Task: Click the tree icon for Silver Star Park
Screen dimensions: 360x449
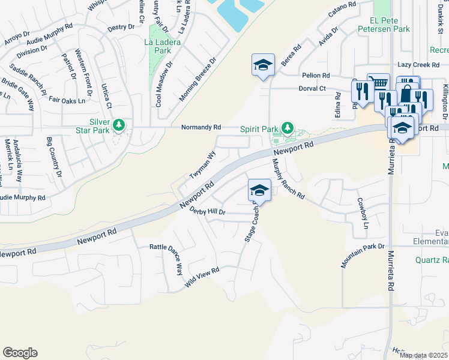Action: (x=120, y=124)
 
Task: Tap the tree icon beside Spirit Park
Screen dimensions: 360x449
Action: (x=288, y=127)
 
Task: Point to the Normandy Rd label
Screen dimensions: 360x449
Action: (x=202, y=128)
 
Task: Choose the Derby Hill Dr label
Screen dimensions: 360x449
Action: (x=207, y=211)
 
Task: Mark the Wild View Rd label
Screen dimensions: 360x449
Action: (x=202, y=278)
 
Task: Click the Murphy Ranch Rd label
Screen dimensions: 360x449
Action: (x=288, y=179)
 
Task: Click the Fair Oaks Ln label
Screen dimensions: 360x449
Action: (x=63, y=101)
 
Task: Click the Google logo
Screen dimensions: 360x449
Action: (x=20, y=353)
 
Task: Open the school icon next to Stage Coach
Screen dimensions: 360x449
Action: (x=259, y=190)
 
